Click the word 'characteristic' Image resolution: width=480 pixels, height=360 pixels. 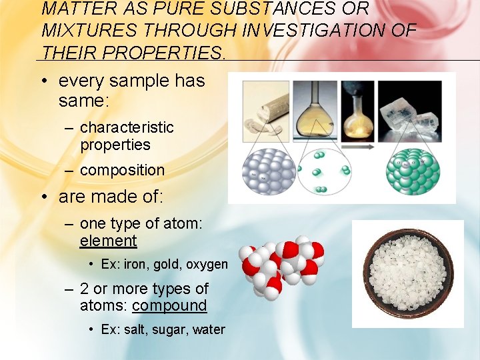pos(126,127)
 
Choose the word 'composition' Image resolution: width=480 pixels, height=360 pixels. pos(121,170)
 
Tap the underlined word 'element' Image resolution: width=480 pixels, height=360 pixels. pos(108,241)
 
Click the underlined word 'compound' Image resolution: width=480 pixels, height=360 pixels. pos(169,306)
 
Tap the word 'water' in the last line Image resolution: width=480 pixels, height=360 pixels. pos(209,330)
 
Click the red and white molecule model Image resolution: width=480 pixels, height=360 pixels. pos(281,263)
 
